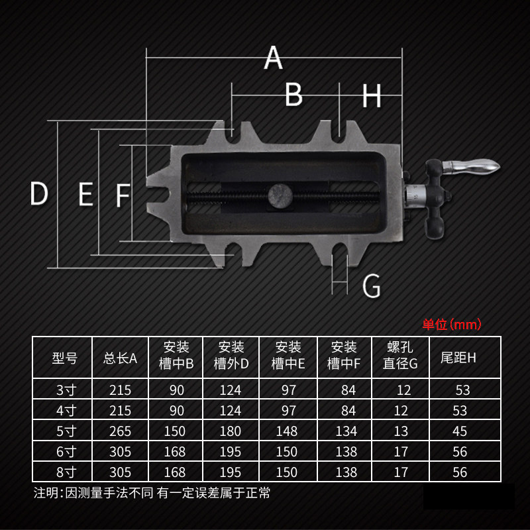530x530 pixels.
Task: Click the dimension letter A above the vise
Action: coord(273,58)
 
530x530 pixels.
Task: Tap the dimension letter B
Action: coord(293,95)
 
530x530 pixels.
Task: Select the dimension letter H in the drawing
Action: coord(372,96)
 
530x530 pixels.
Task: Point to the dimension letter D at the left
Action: coord(39,193)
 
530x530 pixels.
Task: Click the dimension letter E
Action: coord(86,193)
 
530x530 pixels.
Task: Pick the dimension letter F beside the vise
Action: coord(123,195)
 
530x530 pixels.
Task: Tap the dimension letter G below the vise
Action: coord(371,286)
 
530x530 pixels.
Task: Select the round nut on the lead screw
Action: coord(280,195)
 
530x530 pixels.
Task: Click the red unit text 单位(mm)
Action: coord(452,325)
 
